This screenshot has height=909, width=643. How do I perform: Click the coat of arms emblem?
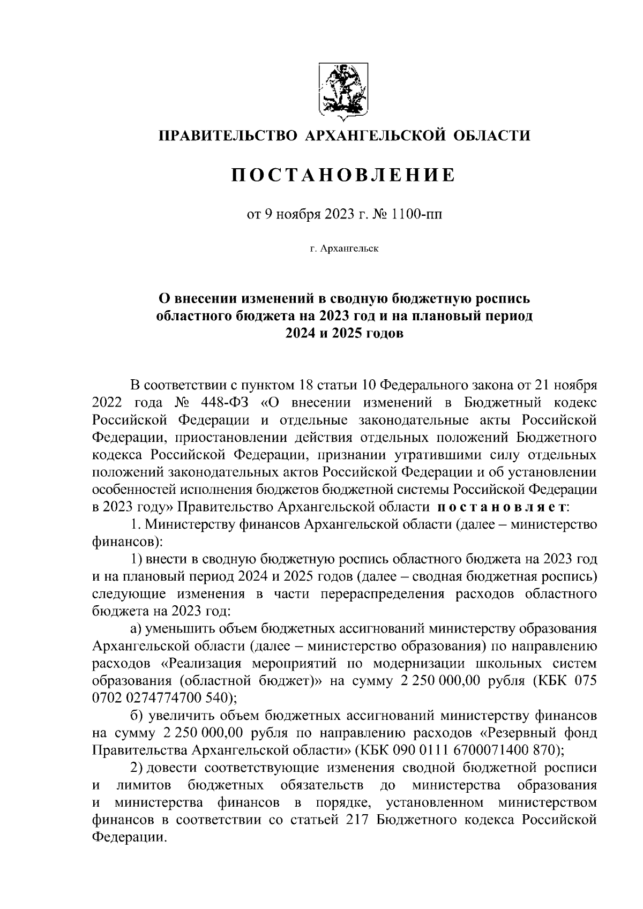click(x=343, y=89)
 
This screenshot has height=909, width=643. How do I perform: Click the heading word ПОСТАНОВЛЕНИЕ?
click(x=343, y=175)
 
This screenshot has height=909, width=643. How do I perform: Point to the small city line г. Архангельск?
click(x=343, y=249)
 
